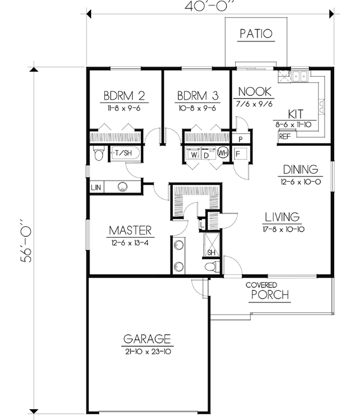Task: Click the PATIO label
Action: coord(255,34)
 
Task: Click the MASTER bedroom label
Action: coord(130,230)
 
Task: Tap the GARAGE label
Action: coord(148,338)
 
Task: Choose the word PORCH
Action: coord(270,295)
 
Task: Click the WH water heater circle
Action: coord(222,153)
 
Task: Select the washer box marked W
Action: coord(194,154)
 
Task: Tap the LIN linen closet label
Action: coord(96,187)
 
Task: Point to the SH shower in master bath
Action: coord(211,251)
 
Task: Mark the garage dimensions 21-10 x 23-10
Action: coord(148,350)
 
